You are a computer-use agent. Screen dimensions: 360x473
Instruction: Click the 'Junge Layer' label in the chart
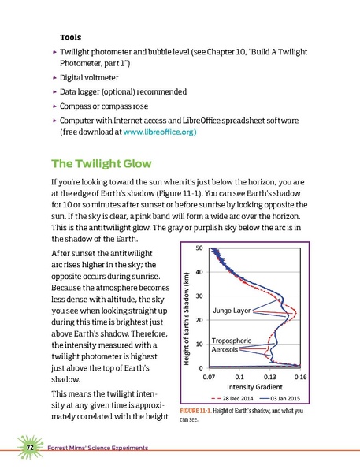pyautogui.click(x=231, y=311)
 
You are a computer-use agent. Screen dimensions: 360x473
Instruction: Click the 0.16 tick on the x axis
pyautogui.click(x=299, y=378)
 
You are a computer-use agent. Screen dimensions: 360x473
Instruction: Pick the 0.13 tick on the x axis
pyautogui.click(x=270, y=378)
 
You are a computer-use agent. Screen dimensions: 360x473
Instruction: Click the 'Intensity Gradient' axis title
pyautogui.click(x=254, y=388)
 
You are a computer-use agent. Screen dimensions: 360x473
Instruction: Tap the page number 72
pyautogui.click(x=28, y=448)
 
